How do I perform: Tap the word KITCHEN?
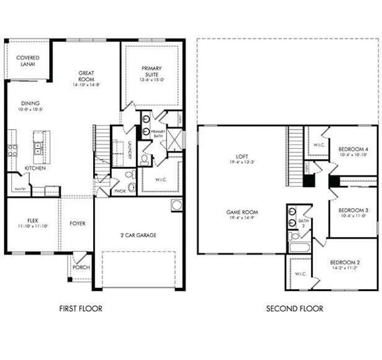pos(35,168)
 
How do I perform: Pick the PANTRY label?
pos(18,189)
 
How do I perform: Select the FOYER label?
pos(77,224)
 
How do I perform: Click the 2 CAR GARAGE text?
pos(137,235)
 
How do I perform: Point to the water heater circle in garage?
pos(176,206)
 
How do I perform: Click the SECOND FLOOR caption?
pos(294,308)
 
